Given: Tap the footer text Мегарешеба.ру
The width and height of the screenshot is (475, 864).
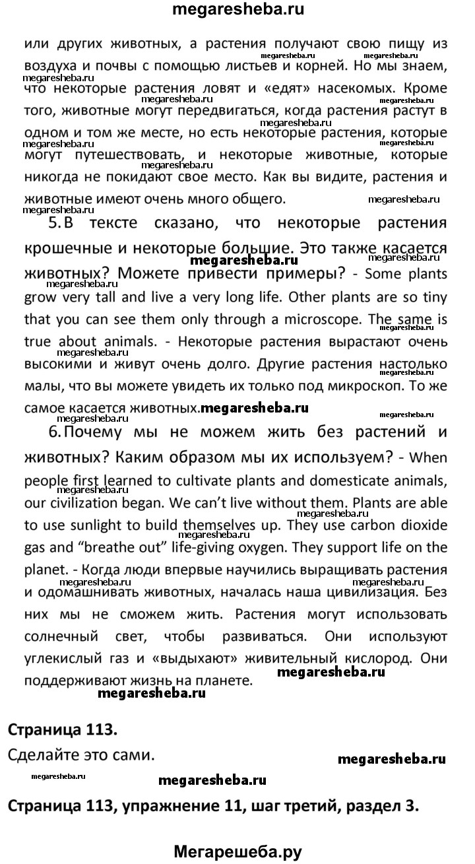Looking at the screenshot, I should tap(237, 851).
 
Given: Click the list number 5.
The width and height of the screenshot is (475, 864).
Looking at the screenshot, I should tap(55, 223).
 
